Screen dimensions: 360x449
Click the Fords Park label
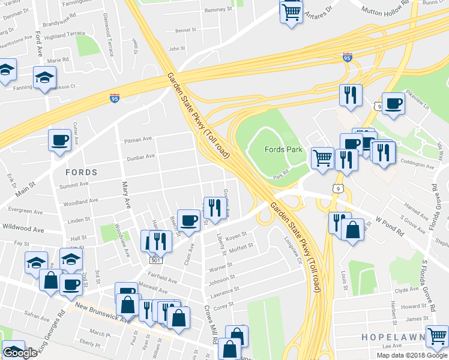(283, 149)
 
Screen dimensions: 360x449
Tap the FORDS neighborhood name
(80, 172)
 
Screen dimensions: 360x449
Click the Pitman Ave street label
(138, 139)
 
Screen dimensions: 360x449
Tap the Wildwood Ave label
(23, 229)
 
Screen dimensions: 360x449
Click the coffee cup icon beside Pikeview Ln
(393, 103)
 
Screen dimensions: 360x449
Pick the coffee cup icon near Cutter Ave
(59, 139)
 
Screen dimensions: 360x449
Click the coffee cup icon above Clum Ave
(188, 220)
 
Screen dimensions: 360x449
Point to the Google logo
(20, 353)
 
